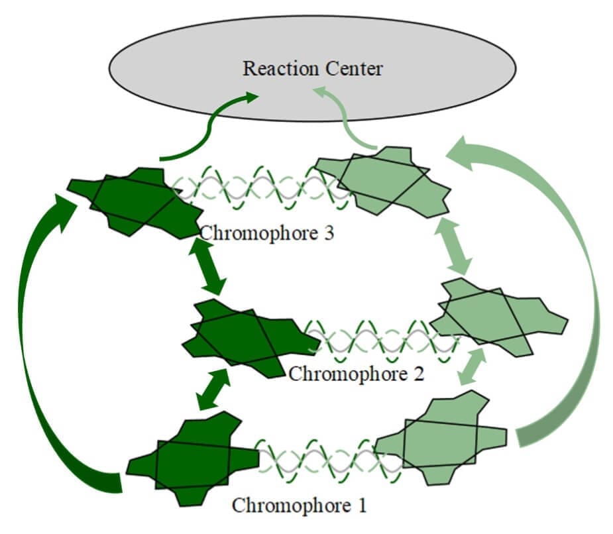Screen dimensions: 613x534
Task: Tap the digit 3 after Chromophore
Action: pyautogui.click(x=329, y=233)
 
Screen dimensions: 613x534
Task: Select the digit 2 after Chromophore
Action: pyautogui.click(x=419, y=374)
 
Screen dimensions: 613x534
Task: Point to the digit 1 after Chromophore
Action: pyautogui.click(x=362, y=505)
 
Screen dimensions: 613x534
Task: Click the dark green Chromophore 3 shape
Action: pyautogui.click(x=136, y=202)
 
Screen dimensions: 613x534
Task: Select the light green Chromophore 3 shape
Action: pyautogui.click(x=383, y=182)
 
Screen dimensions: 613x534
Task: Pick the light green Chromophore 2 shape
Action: pyautogui.click(x=499, y=317)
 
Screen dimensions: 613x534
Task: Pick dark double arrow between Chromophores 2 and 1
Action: pyautogui.click(x=213, y=390)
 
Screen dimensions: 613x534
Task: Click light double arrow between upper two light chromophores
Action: pyautogui.click(x=453, y=246)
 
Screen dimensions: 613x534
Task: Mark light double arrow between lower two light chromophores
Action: pyautogui.click(x=472, y=366)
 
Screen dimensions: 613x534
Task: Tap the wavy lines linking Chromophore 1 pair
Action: pyautogui.click(x=329, y=461)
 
